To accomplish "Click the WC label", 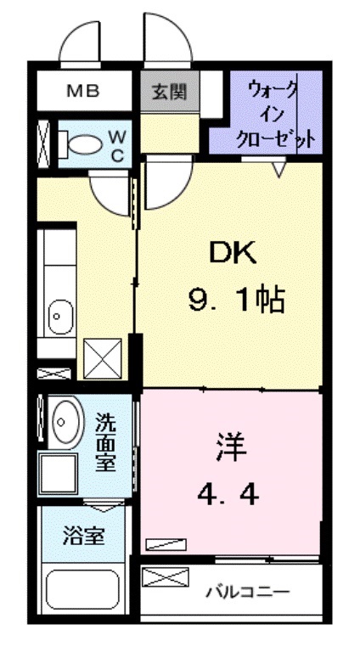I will [119, 144].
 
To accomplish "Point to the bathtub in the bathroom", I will [83, 589].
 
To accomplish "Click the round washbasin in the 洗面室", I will [65, 419].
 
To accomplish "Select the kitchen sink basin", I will [57, 318].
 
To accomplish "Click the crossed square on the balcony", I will [163, 580].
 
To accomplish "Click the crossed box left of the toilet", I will [43, 143].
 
